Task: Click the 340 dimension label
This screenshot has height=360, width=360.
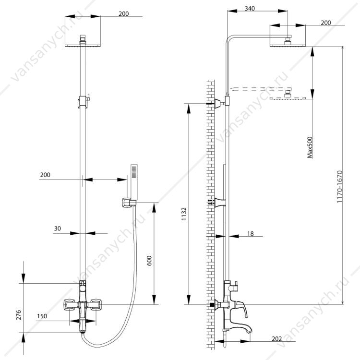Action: pos(250,9)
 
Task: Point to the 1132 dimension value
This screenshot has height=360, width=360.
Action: pos(184,214)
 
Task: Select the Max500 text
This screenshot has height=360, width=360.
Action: pos(310,147)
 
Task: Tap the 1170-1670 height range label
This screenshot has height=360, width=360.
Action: pos(339,187)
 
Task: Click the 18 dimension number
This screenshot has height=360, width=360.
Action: pos(251,234)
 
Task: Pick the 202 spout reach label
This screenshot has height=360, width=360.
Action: pos(276,339)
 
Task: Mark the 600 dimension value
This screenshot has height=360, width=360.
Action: pos(149,260)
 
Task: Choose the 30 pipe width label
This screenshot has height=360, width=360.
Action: pos(58,228)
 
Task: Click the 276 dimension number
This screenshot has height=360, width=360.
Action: pos(19,315)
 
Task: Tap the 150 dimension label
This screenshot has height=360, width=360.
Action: pos(42,316)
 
